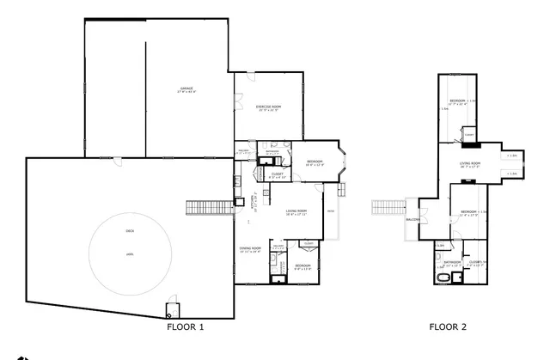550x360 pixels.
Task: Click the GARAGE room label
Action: pos(186,89)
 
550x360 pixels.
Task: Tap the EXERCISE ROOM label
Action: pos(268,107)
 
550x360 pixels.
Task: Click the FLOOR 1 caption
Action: pos(185,327)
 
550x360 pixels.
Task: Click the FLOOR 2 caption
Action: pos(448,327)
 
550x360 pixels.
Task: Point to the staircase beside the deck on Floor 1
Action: pos(207,208)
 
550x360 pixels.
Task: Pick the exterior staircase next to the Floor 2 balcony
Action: pos(388,208)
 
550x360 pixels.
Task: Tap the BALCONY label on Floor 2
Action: pos(412,219)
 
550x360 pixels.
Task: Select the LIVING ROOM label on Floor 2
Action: pos(469,163)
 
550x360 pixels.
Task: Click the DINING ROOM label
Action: pos(250,249)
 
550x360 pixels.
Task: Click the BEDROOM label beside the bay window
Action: pos(315,162)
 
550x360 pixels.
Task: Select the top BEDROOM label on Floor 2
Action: pos(458,101)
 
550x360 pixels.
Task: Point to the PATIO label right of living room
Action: pos(330,211)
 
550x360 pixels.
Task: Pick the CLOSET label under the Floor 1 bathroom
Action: pos(278,174)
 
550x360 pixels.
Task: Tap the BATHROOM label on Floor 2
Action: pos(452,263)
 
